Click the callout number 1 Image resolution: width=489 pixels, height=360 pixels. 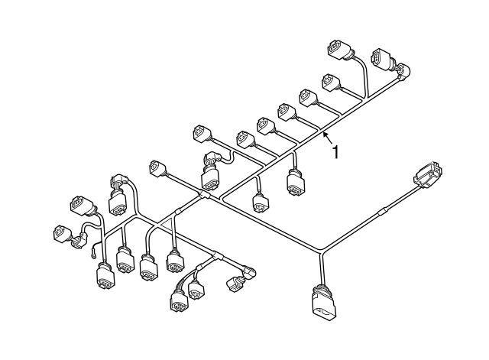pos(335,152)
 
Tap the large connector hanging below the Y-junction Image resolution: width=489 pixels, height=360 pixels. pos(324,303)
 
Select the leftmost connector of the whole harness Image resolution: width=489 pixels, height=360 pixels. pos(61,233)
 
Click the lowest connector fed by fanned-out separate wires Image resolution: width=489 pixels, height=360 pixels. pos(180,301)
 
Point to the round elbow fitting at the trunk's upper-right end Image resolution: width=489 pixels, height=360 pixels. pos(403,70)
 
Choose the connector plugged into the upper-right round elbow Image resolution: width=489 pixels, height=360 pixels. pos(382,60)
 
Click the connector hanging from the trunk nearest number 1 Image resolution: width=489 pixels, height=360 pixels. pos(296,182)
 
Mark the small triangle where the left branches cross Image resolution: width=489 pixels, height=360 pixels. pos(164,224)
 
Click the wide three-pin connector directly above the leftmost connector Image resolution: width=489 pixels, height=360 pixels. pos(82,206)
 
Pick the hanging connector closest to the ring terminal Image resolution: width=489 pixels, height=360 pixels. pos(105,276)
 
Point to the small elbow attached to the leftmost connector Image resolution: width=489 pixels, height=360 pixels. pos(78,241)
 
